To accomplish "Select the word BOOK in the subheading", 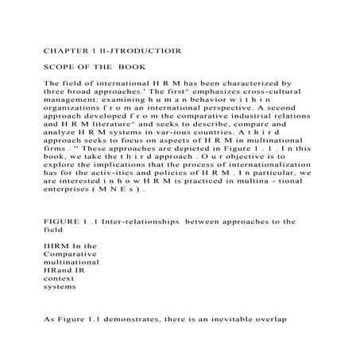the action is coord(131,67).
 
